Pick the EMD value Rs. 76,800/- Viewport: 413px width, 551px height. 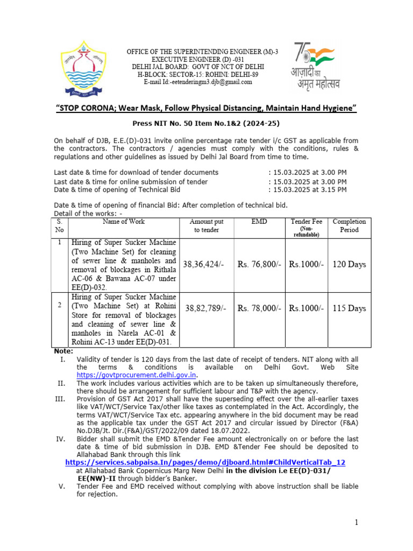click(x=259, y=264)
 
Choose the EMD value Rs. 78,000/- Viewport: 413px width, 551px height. click(x=259, y=308)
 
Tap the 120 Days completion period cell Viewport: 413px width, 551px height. click(x=349, y=264)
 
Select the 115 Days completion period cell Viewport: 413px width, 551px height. click(x=349, y=308)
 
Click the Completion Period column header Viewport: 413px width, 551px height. click(x=349, y=225)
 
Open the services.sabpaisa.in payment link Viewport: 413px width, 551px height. click(x=205, y=462)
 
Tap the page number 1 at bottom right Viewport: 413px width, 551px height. click(x=355, y=522)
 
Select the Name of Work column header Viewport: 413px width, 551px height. click(x=124, y=222)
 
